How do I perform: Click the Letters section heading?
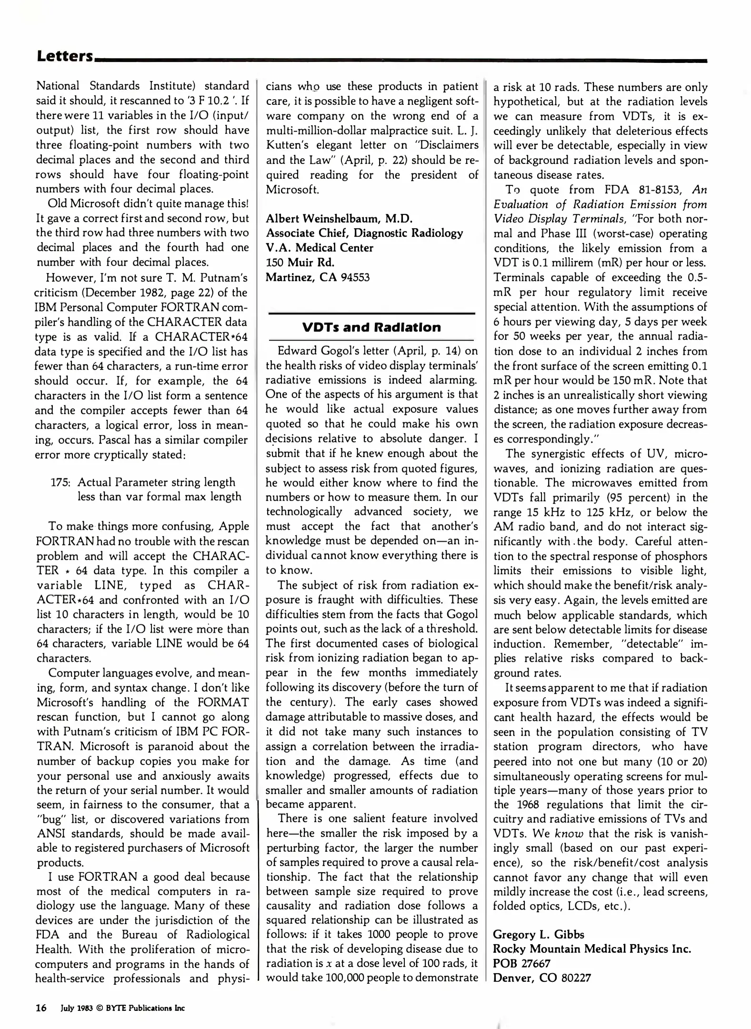point(65,57)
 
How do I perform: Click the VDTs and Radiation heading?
point(371,327)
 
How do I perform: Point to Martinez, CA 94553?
point(318,277)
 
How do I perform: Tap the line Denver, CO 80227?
point(541,978)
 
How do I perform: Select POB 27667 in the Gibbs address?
point(521,963)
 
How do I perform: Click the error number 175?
point(60,483)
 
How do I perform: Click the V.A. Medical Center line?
point(319,248)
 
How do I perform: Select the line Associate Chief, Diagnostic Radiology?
point(364,233)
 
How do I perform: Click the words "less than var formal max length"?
point(159,497)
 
